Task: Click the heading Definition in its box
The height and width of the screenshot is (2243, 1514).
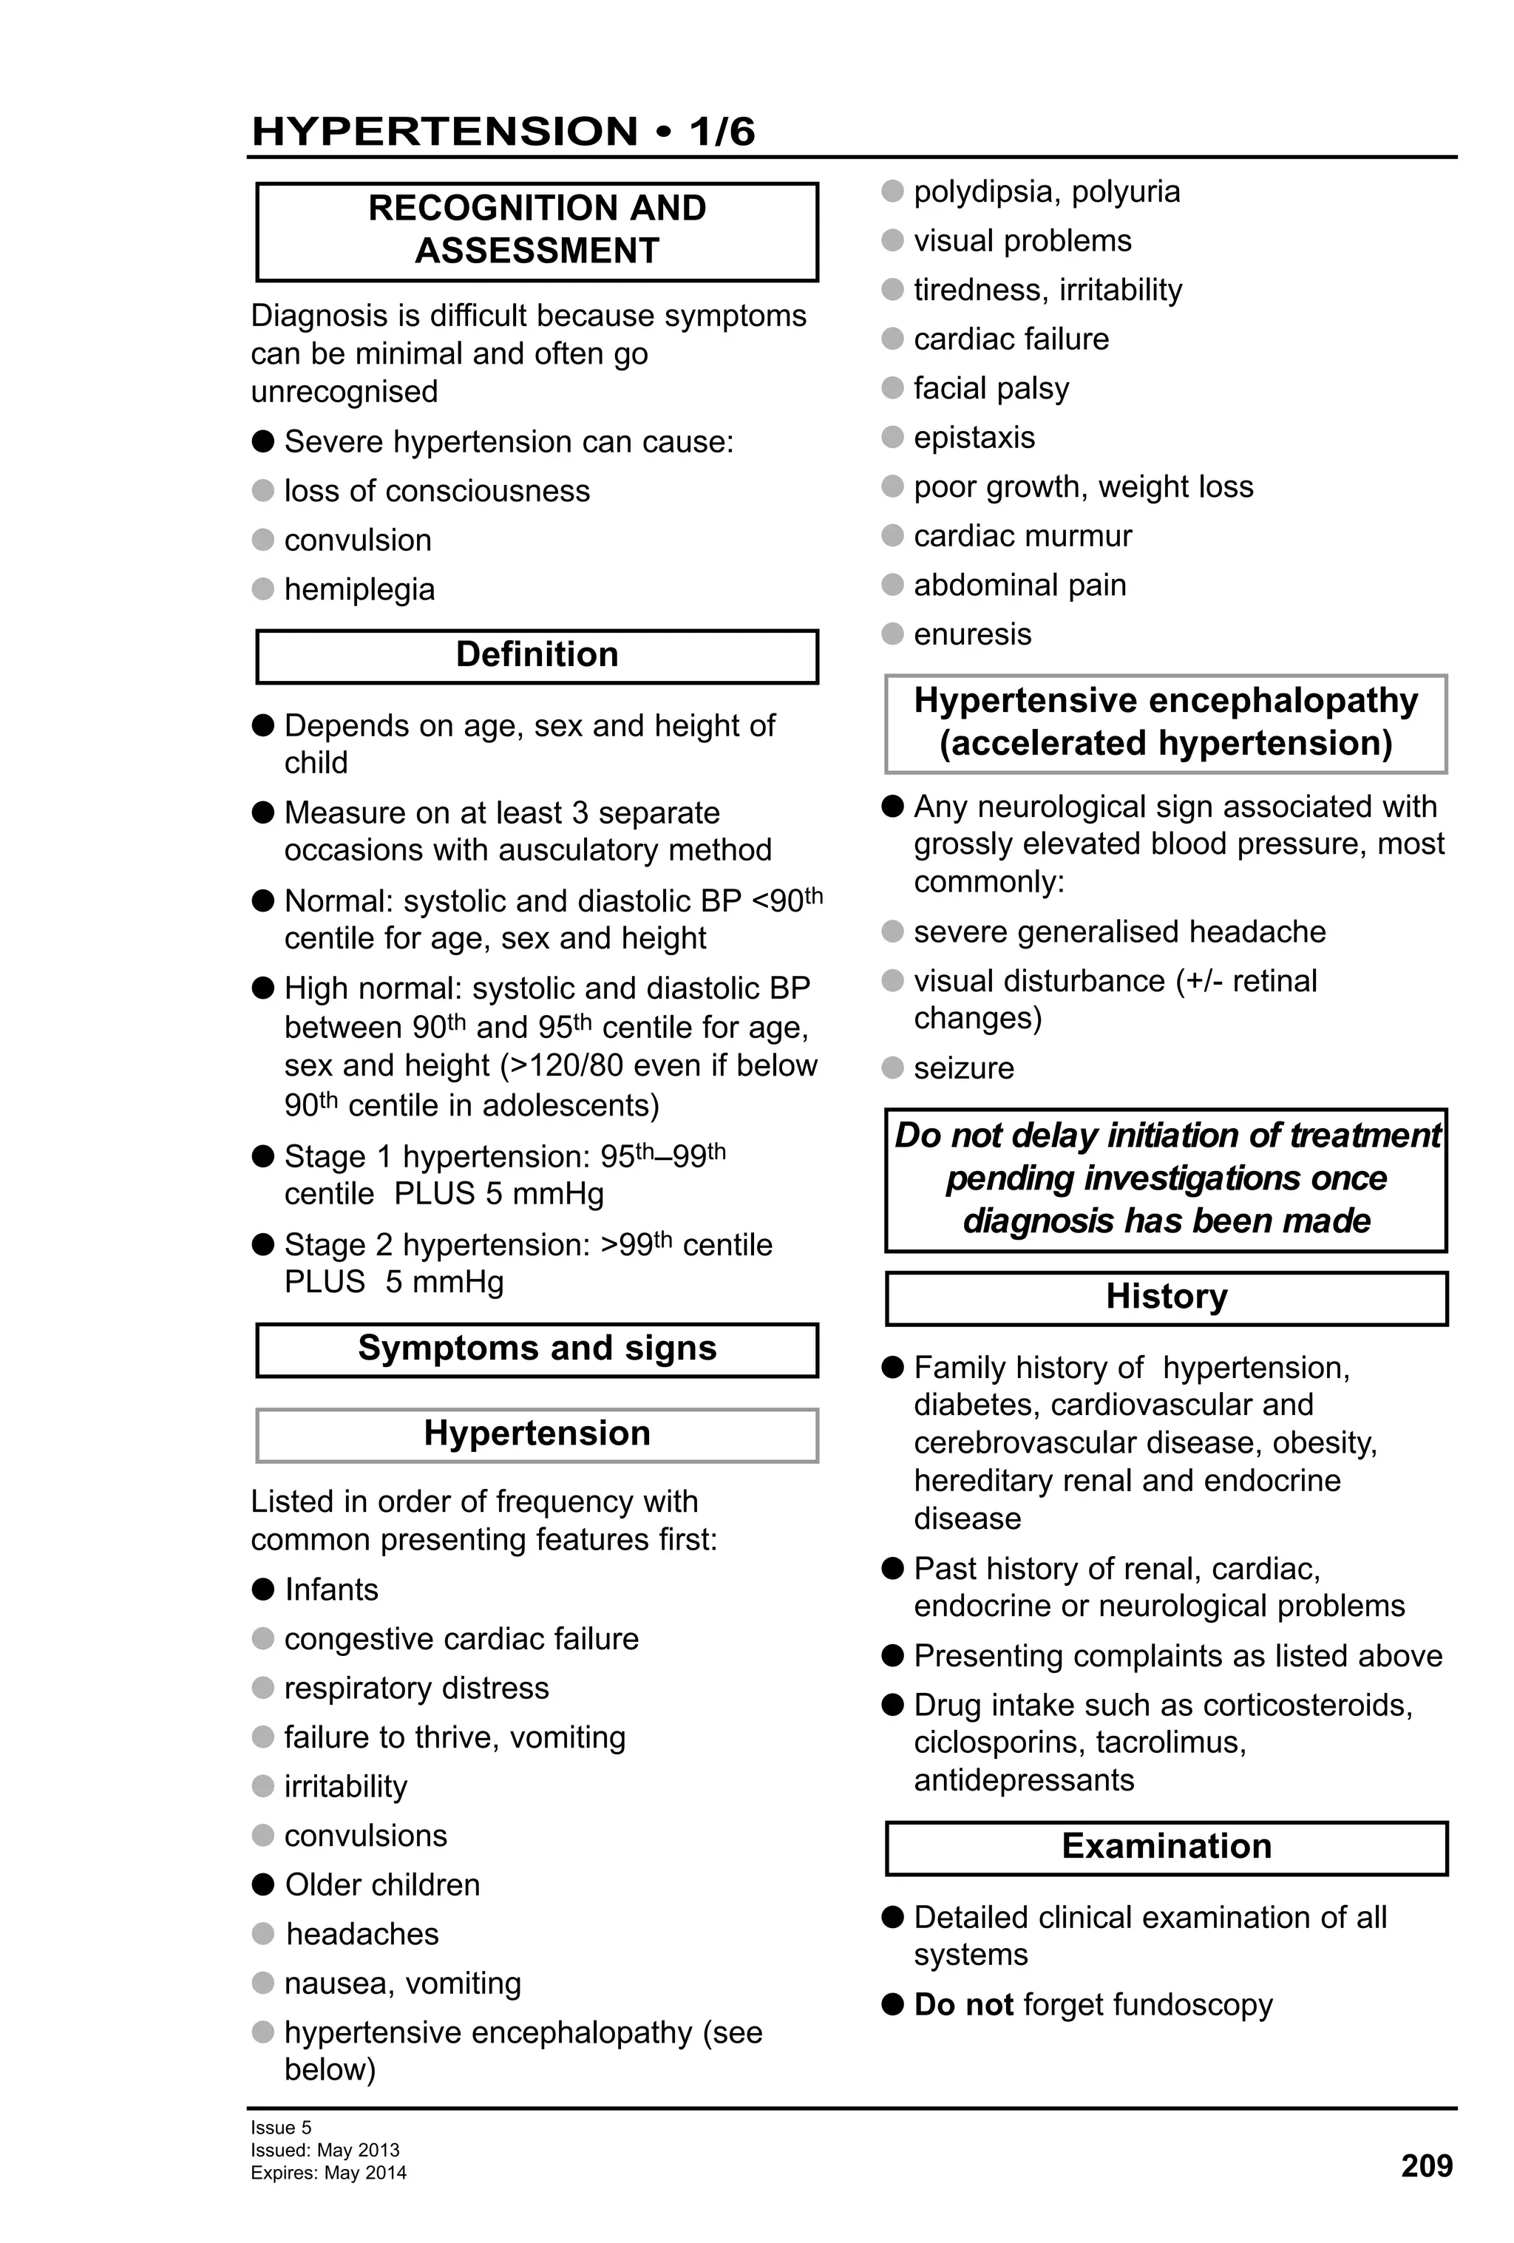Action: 537,654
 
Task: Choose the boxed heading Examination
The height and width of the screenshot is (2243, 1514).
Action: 1166,1845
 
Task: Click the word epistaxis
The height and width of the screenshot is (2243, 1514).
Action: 974,437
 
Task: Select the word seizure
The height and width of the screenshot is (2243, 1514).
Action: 963,1068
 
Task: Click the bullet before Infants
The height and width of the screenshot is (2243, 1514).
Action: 262,1589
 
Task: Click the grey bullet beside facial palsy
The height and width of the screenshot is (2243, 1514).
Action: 892,388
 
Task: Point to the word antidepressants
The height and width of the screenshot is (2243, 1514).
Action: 1023,1779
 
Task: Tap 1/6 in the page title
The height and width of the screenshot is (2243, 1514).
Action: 722,132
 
